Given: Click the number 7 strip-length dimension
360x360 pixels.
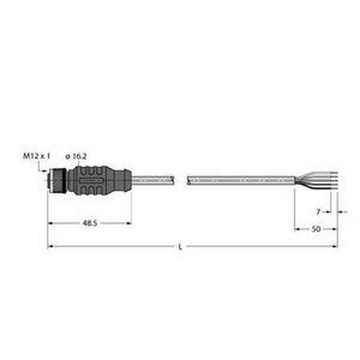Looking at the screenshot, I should tap(319, 210).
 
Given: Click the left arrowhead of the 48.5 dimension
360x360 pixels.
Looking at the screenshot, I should tap(50, 224).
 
